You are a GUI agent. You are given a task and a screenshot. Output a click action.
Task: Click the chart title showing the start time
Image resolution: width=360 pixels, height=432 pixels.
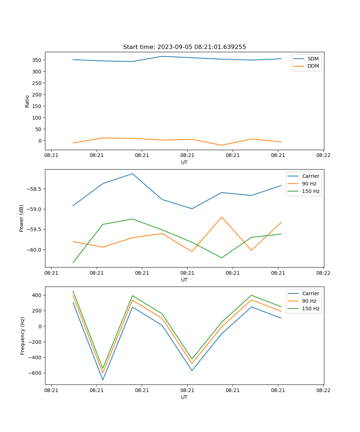[184, 47]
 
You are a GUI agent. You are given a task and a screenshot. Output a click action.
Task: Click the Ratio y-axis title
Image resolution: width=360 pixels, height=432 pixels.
[27, 102]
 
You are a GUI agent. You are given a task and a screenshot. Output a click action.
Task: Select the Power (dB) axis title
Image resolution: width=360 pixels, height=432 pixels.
[22, 218]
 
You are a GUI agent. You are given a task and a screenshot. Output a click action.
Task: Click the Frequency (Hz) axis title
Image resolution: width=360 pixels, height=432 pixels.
[22, 336]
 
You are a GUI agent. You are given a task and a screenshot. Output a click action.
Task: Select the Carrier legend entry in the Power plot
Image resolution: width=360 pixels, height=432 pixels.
[310, 176]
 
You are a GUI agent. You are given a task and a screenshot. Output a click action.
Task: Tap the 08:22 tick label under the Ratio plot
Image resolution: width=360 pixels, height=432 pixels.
[323, 156]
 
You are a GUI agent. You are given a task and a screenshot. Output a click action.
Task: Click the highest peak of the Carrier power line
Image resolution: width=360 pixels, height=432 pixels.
[132, 174]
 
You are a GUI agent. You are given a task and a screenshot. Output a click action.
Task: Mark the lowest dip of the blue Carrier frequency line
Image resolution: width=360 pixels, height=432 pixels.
[103, 380]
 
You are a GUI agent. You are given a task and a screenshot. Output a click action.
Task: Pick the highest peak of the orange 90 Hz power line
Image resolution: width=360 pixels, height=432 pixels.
[221, 217]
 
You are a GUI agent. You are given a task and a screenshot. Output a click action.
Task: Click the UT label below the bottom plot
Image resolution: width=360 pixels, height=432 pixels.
[184, 397]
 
